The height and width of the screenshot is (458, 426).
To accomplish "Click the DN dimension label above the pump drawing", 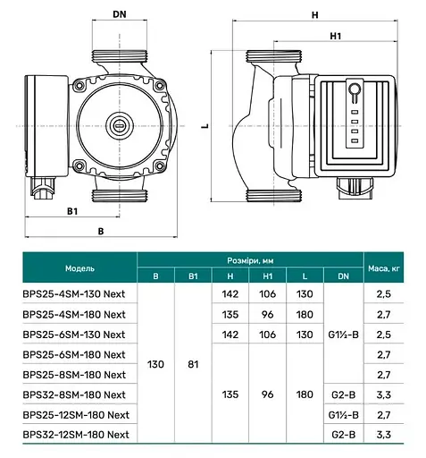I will coord(120,14).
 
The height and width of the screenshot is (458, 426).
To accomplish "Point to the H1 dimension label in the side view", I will coord(335,37).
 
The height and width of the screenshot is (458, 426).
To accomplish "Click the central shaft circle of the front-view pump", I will coord(119,124).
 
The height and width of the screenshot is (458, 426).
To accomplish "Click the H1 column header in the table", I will coord(269,276).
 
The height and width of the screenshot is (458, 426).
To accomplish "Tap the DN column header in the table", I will coord(345,276).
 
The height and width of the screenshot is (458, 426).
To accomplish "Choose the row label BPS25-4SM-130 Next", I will coord(72,294).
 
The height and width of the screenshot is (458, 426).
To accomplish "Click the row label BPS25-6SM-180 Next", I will coord(72,354).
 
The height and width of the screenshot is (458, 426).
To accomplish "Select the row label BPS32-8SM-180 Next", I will coord(72,394).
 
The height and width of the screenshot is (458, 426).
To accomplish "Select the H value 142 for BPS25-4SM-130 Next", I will coord(230,294).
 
